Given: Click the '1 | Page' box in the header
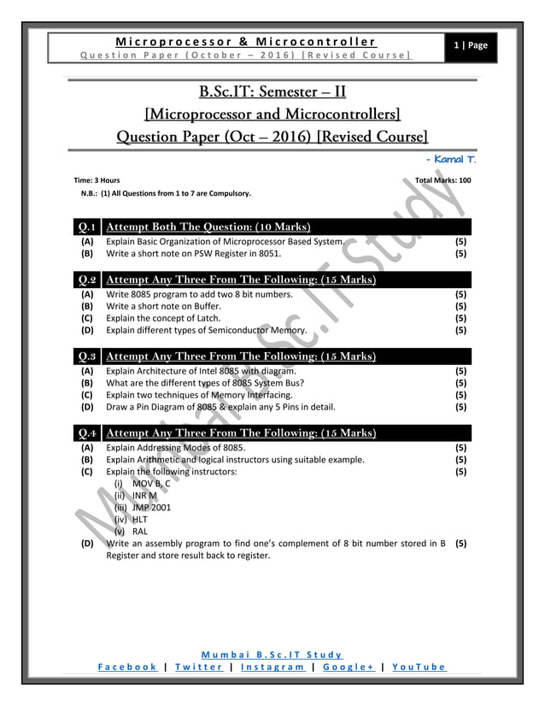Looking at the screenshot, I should pyautogui.click(x=472, y=46).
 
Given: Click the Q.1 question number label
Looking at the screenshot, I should pyautogui.click(x=86, y=227).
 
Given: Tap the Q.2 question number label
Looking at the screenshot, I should pyautogui.click(x=86, y=279).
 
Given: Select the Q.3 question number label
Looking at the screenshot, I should pyautogui.click(x=86, y=356).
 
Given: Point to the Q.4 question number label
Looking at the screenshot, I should pyautogui.click(x=86, y=433).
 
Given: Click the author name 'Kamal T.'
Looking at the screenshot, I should pyautogui.click(x=452, y=159).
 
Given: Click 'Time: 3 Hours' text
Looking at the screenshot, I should pyautogui.click(x=97, y=181).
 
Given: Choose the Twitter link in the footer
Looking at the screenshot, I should pyautogui.click(x=199, y=668).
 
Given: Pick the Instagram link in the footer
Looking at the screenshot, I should pyautogui.click(x=271, y=668).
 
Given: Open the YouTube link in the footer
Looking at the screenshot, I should pyautogui.click(x=419, y=668).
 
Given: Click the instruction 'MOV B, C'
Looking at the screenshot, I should pyautogui.click(x=151, y=483).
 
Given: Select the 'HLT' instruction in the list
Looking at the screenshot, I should pyautogui.click(x=140, y=519).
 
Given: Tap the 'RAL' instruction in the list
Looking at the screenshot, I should pyautogui.click(x=140, y=531).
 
